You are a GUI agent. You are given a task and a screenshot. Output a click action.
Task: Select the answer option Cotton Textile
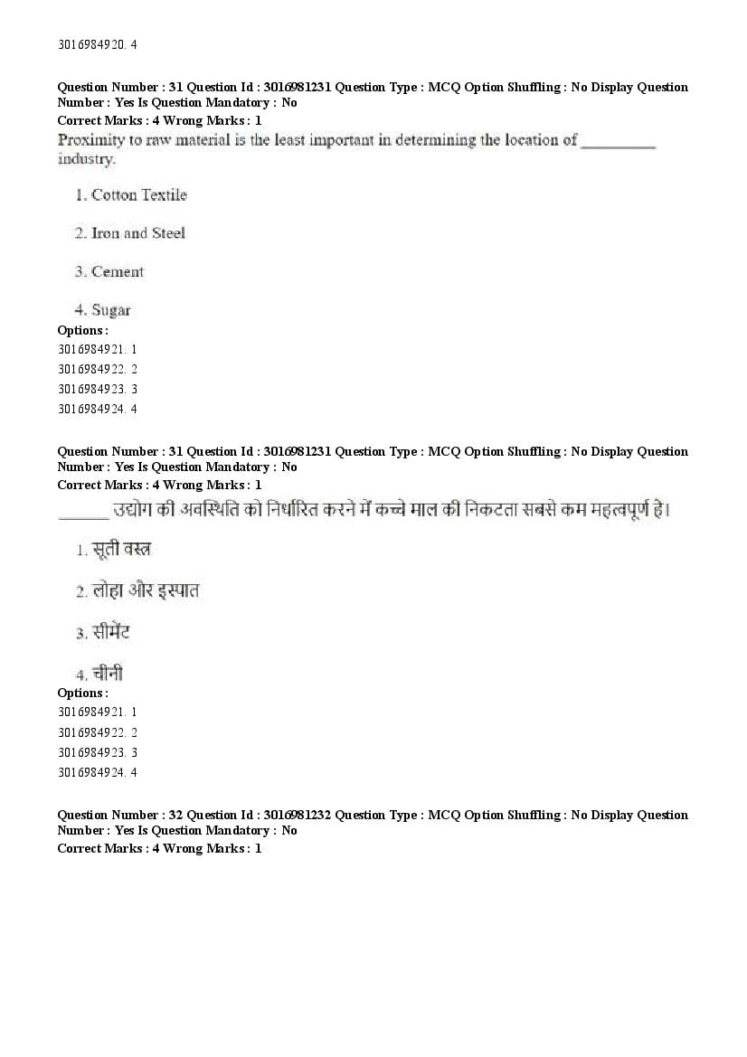tap(138, 194)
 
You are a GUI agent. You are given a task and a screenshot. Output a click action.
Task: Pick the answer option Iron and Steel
tap(137, 233)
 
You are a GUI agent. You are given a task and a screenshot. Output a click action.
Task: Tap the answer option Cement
tap(117, 271)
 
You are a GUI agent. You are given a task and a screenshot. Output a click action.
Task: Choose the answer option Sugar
tap(110, 310)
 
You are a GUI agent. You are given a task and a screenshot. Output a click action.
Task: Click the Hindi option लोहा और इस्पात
tap(145, 591)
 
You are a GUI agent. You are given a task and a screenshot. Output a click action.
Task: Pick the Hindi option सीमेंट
tap(111, 632)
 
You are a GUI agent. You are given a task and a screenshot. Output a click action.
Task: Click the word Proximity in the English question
tap(87, 140)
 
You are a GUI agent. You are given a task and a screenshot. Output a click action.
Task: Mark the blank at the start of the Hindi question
tap(82, 515)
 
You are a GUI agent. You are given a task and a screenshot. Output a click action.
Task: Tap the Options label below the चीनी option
tap(82, 694)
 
